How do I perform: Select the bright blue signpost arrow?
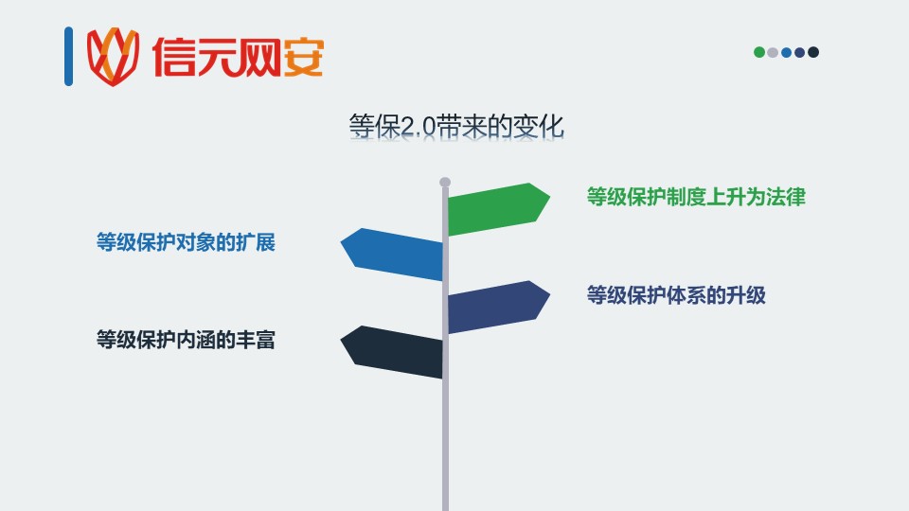[392, 255]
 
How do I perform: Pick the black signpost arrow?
[392, 352]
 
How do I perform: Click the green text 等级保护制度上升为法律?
[696, 197]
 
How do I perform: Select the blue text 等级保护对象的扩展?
[186, 242]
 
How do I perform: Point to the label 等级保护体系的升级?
[676, 295]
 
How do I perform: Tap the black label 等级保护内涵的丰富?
[186, 340]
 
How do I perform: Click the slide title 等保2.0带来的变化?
[456, 126]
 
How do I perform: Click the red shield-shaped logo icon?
[113, 56]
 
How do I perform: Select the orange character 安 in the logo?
[303, 57]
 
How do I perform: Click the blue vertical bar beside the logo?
[68, 56]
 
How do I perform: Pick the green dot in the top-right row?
[758, 52]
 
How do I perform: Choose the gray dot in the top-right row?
[773, 52]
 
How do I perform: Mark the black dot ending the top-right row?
[813, 52]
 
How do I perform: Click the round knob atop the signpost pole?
[445, 182]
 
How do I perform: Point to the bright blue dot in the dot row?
[786, 52]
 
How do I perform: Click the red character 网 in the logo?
[259, 57]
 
